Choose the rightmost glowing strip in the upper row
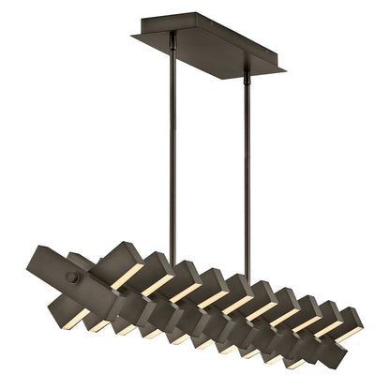click(x=330, y=330)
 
